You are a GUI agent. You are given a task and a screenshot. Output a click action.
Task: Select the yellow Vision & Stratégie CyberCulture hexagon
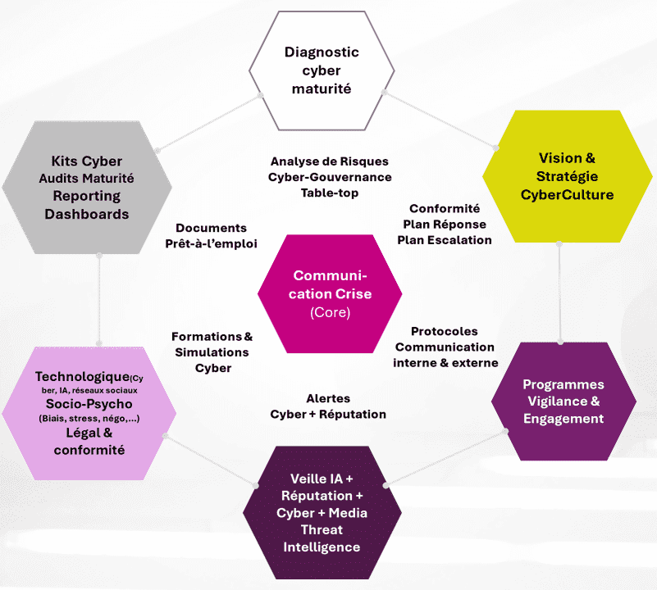click(x=567, y=176)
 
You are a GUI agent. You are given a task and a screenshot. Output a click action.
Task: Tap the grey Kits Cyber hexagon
click(x=86, y=187)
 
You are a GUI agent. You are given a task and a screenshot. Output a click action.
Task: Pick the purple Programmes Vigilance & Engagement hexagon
click(x=563, y=402)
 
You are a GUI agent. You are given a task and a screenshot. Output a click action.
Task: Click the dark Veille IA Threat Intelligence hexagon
click(x=322, y=512)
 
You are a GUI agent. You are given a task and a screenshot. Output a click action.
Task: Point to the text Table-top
click(x=329, y=193)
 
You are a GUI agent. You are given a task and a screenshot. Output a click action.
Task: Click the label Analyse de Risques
click(x=329, y=161)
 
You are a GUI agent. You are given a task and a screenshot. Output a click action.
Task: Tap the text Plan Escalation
click(x=445, y=240)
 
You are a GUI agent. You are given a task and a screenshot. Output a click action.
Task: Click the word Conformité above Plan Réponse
click(x=445, y=209)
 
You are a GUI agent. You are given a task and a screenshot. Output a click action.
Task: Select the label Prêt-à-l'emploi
click(x=211, y=243)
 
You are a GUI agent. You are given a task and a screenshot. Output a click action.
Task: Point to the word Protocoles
click(x=444, y=332)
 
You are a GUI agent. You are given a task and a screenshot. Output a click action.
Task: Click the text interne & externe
click(x=445, y=363)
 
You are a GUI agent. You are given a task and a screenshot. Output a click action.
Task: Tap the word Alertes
click(x=328, y=398)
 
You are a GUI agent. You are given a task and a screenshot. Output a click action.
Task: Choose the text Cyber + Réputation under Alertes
click(x=328, y=414)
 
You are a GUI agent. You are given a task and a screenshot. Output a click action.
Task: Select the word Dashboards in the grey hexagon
click(x=87, y=214)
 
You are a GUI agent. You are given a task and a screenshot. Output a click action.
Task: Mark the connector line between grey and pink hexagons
click(x=98, y=299)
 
